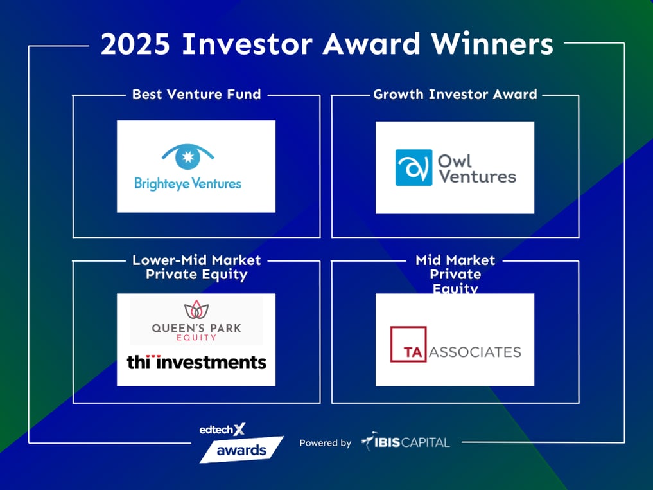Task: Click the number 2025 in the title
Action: click(136, 44)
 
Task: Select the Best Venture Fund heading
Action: click(196, 95)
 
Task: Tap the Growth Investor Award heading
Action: click(455, 95)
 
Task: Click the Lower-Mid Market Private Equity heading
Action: click(196, 267)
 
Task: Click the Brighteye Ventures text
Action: click(187, 183)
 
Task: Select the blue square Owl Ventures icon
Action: click(414, 168)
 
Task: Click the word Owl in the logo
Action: click(455, 159)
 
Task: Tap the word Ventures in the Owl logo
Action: click(476, 176)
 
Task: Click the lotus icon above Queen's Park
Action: click(196, 311)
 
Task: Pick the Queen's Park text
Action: click(196, 327)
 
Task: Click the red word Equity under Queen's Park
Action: click(196, 337)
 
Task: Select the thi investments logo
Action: click(196, 362)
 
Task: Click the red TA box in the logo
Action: click(408, 352)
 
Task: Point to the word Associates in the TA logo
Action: click(475, 352)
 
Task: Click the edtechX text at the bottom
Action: click(222, 430)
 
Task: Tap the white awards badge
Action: click(241, 449)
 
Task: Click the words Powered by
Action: click(326, 443)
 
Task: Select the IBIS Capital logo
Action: click(405, 442)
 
